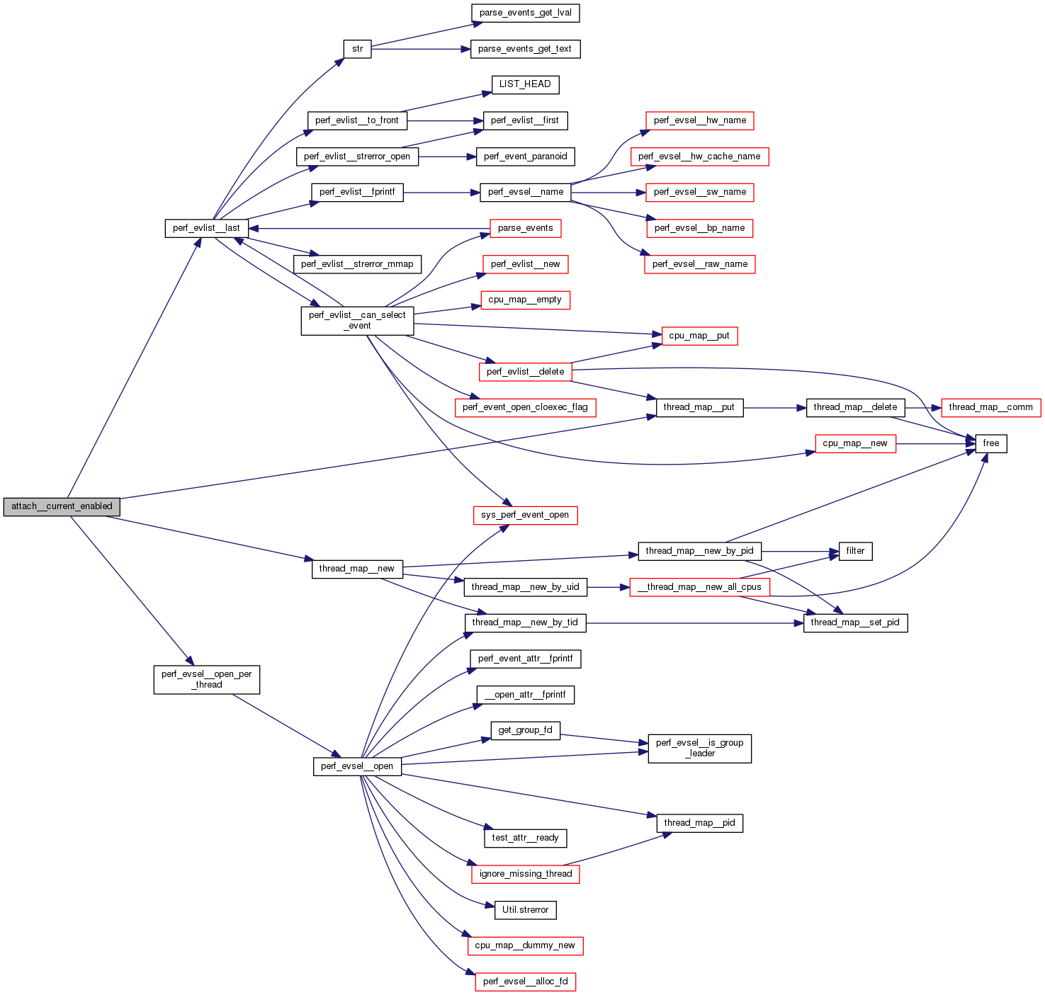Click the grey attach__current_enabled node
pyautogui.click(x=62, y=506)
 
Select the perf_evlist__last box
pyautogui.click(x=206, y=228)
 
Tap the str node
pyautogui.click(x=357, y=49)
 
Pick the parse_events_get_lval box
pyautogui.click(x=525, y=13)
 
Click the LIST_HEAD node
pyautogui.click(x=525, y=84)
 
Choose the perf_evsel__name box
pyautogui.click(x=525, y=192)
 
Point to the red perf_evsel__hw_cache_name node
pyautogui.click(x=699, y=157)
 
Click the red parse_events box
pyautogui.click(x=525, y=228)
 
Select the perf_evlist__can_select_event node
pyautogui.click(x=357, y=321)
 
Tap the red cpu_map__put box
pyautogui.click(x=699, y=336)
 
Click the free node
pyautogui.click(x=990, y=443)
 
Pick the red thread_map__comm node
pyautogui.click(x=990, y=407)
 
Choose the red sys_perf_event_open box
pyautogui.click(x=525, y=515)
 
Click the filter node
pyautogui.click(x=855, y=551)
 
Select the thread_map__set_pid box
pyautogui.click(x=855, y=622)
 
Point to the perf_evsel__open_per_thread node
pyautogui.click(x=206, y=680)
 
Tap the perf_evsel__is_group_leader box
pyautogui.click(x=699, y=749)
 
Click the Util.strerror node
pyautogui.click(x=525, y=910)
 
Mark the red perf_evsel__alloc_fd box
pyautogui.click(x=525, y=982)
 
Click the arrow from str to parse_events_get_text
pyautogui.click(x=421, y=49)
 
